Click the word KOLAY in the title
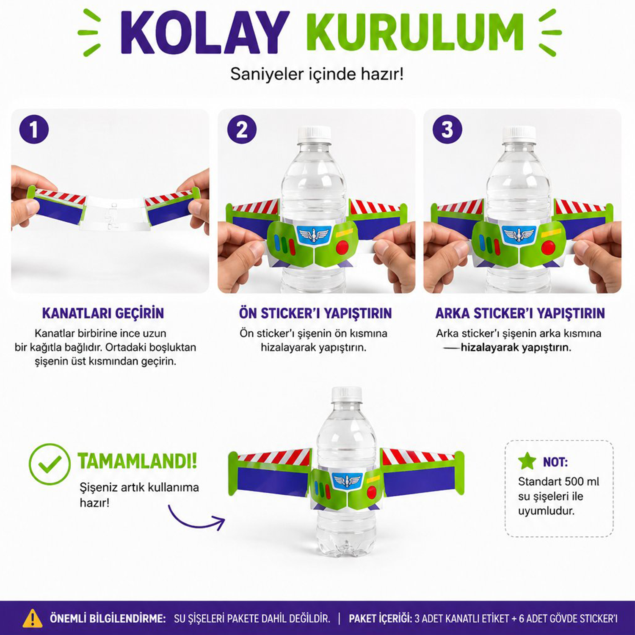coord(204,33)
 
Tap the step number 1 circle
coord(34,129)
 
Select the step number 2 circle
coord(242,129)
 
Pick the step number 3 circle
coord(447,129)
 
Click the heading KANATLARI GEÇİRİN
coord(103,313)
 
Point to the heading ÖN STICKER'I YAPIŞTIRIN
coord(315,313)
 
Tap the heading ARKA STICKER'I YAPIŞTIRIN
coord(520,313)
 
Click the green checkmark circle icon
coord(50,464)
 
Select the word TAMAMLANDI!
coord(137,461)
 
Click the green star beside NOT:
coord(527,461)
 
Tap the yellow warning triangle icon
coord(33,618)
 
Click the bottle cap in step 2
coord(314,133)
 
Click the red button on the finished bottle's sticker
coord(372,492)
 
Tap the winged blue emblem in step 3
coord(519,234)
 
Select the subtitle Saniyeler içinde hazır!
coord(317,74)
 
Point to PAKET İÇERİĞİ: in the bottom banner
coord(380,618)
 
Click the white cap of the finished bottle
coord(346,394)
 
